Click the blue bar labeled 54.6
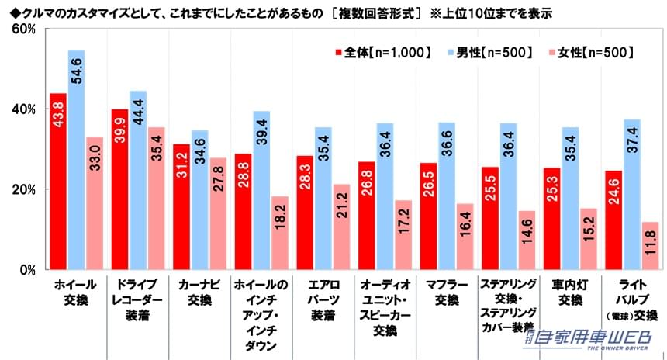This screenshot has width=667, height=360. [76, 160]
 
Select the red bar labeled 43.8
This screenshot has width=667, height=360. [57, 182]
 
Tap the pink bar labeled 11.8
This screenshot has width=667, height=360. [650, 246]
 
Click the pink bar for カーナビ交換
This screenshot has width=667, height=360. [218, 213]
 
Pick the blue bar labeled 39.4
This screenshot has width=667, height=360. [261, 190]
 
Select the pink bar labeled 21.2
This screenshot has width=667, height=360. [342, 227]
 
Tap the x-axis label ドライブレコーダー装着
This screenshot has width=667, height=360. [137, 301]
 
